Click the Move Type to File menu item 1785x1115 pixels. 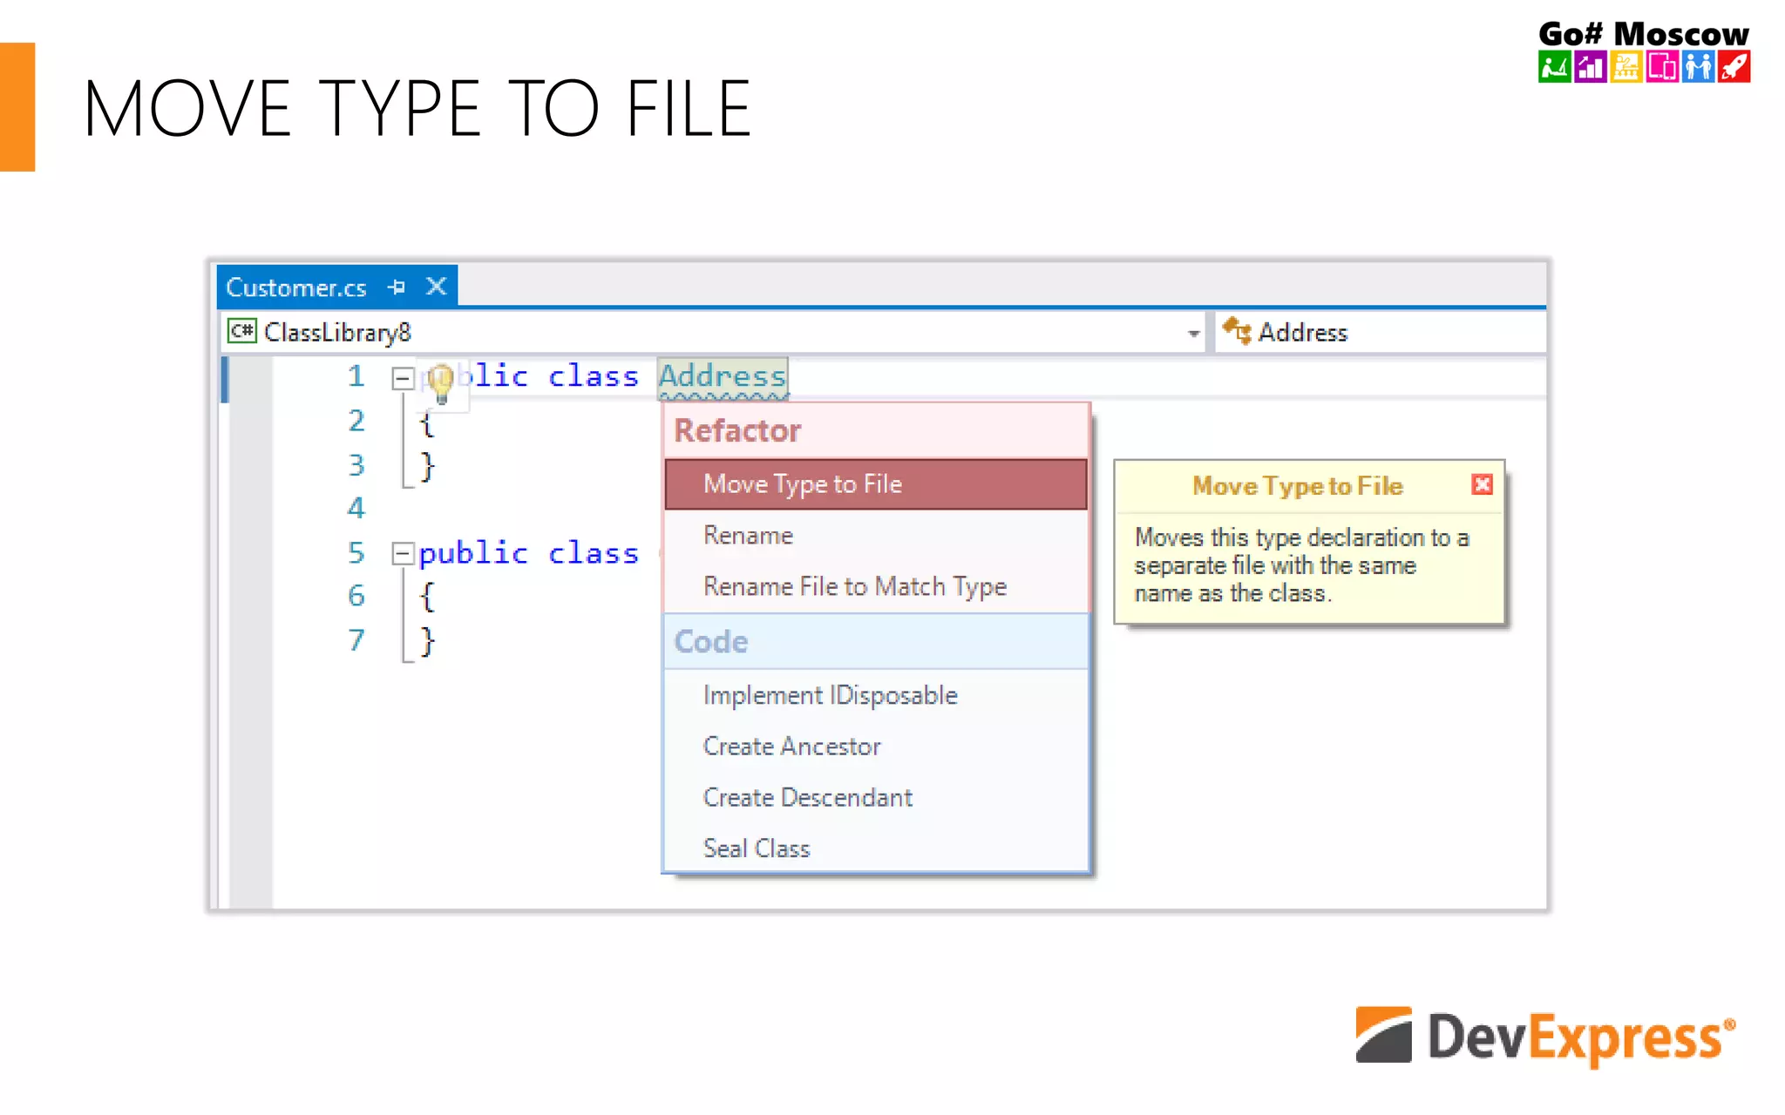[x=802, y=484]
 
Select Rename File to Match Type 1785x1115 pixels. [x=854, y=586]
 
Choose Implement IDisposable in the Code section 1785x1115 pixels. [x=830, y=695]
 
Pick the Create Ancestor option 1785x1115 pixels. [x=791, y=747]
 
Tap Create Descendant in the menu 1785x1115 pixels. [x=807, y=797]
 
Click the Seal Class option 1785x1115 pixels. [x=757, y=848]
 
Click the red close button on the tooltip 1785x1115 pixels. [x=1482, y=484]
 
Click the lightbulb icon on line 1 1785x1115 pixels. [x=441, y=382]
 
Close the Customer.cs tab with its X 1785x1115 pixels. [x=437, y=287]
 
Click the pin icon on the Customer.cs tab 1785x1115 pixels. [x=397, y=287]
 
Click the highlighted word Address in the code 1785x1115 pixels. [x=723, y=376]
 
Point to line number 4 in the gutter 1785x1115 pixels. [x=356, y=508]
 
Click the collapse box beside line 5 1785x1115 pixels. [x=402, y=553]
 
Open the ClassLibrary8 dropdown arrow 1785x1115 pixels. [x=1193, y=333]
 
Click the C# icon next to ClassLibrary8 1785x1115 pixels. [x=241, y=332]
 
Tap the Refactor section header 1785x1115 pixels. [x=737, y=430]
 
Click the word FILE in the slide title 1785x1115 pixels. [x=688, y=109]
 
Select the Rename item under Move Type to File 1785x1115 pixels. [x=748, y=535]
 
